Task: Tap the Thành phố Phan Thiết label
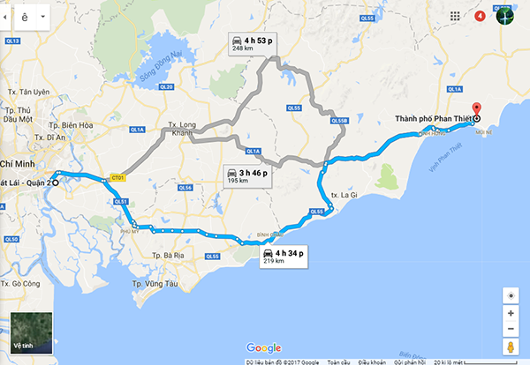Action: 434,119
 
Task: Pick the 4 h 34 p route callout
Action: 282,256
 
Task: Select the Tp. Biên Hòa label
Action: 72,124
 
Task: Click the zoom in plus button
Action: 511,313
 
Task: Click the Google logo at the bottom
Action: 264,347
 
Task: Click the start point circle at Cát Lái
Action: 55,183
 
